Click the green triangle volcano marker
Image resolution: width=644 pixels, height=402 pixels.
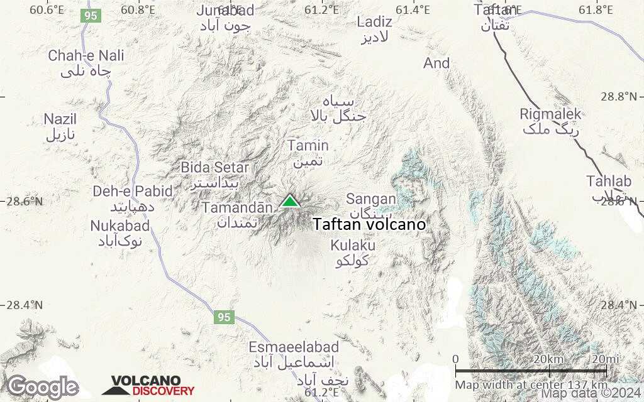point(289,201)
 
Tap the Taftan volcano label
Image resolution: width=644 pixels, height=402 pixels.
point(369,224)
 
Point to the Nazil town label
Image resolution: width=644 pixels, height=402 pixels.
point(60,119)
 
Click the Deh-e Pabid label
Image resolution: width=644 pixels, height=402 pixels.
point(123,192)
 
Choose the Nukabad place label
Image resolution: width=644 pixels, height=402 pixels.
point(120,225)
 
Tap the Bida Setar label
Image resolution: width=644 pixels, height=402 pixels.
point(215,168)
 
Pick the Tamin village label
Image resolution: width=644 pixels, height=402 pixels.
point(308,146)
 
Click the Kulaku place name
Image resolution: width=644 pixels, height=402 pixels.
point(353,245)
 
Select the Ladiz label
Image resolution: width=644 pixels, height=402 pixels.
point(374,22)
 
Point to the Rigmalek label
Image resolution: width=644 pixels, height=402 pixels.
point(551,114)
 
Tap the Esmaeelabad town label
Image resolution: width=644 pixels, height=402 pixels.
point(294,347)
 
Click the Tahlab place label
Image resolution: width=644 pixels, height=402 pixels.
point(608,182)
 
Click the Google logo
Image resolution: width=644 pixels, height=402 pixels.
point(43,387)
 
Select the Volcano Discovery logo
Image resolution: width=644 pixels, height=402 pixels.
point(148,386)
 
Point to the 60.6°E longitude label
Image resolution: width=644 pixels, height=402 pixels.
point(47,9)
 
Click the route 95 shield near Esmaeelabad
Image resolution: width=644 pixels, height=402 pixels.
point(225,317)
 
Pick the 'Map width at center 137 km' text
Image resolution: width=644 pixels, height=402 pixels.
point(531,384)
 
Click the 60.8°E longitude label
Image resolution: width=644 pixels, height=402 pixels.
point(138,9)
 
